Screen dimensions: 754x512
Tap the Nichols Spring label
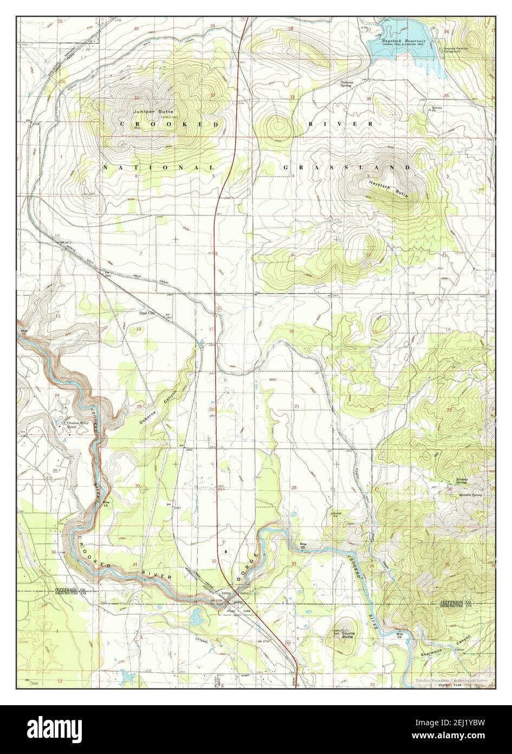click(x=462, y=481)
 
